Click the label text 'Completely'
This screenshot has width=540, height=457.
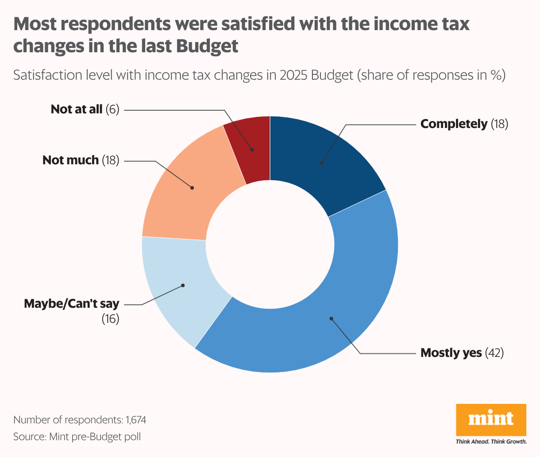pos(453,124)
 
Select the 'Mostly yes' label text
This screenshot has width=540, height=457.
pos(451,353)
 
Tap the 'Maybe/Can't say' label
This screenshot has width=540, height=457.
pos(72,304)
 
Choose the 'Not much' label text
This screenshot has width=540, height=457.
pos(70,160)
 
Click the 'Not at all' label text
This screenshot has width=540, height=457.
pos(77,109)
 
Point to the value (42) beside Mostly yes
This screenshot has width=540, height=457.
pos(494,353)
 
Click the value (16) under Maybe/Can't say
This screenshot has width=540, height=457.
pos(111,319)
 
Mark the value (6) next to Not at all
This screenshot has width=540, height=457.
pos(112,109)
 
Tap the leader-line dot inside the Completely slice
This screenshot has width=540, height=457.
pos(321,163)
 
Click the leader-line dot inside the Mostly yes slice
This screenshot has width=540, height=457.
pos(331,318)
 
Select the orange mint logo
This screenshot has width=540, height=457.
pos(491,419)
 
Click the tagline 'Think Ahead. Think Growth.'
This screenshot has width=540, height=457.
pos(491,442)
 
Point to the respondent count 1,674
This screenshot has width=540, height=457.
pos(136,420)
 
